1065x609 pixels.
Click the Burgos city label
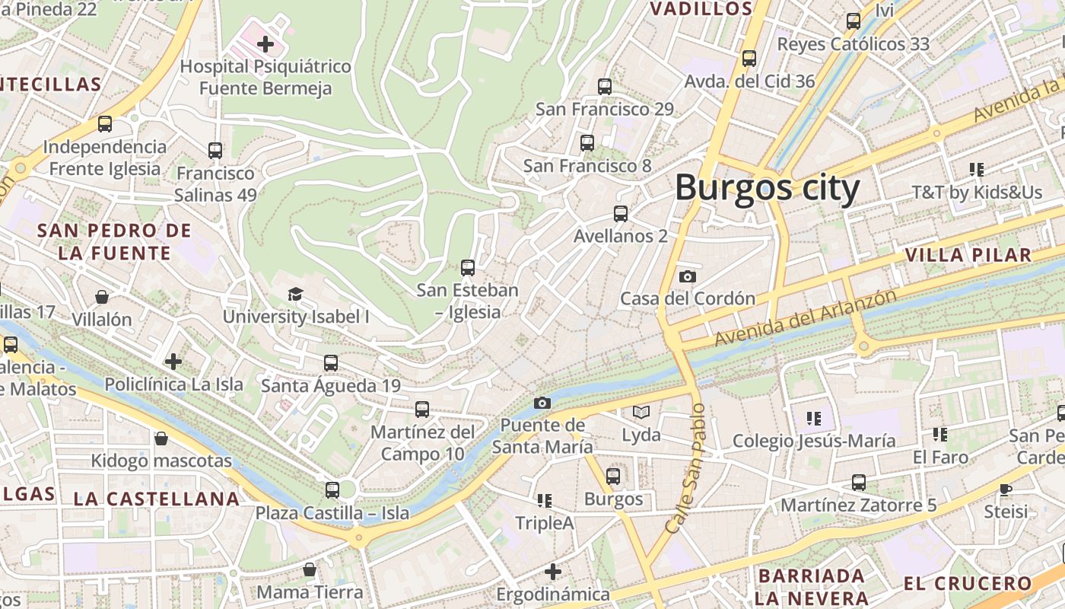pos(767,187)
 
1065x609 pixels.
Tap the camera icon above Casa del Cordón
pos(688,276)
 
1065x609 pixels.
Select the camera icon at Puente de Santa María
pos(542,403)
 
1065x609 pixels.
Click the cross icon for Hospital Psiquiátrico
pos(265,44)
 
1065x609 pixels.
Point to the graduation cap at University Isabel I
pos(295,294)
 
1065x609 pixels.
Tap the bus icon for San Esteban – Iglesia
pos(468,268)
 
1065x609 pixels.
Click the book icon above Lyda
pos(641,413)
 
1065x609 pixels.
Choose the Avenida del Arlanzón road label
pos(806,318)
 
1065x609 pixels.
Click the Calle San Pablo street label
pos(685,467)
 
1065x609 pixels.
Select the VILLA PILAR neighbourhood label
pos(968,255)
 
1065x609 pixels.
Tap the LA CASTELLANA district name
pos(157,499)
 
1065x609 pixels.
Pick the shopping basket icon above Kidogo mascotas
pos(161,438)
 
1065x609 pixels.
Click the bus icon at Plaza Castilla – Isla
pos(332,490)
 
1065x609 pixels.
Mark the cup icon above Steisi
pos(1006,489)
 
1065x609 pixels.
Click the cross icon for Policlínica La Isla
pos(173,362)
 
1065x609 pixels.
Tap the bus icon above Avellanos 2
pos(621,214)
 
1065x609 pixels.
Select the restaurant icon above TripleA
pos(544,501)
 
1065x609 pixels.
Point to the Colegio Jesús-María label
pos(813,441)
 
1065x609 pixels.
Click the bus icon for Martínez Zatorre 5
pos(859,483)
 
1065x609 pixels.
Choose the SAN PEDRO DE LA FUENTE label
pos(114,242)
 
